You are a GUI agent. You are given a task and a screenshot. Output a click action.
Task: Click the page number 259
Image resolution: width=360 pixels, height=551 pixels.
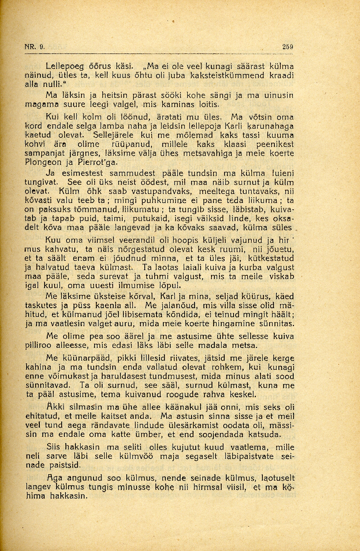point(287,46)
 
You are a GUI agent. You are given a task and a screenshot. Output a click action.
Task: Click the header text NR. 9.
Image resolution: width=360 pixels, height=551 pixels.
point(35,46)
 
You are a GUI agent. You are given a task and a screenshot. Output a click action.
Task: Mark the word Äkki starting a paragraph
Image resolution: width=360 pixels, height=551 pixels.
point(55,407)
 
